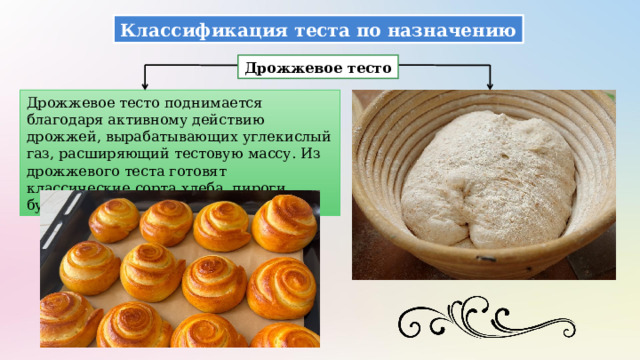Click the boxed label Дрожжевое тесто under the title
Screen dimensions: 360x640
tap(317, 68)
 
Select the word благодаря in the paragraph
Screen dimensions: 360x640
tap(64, 119)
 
